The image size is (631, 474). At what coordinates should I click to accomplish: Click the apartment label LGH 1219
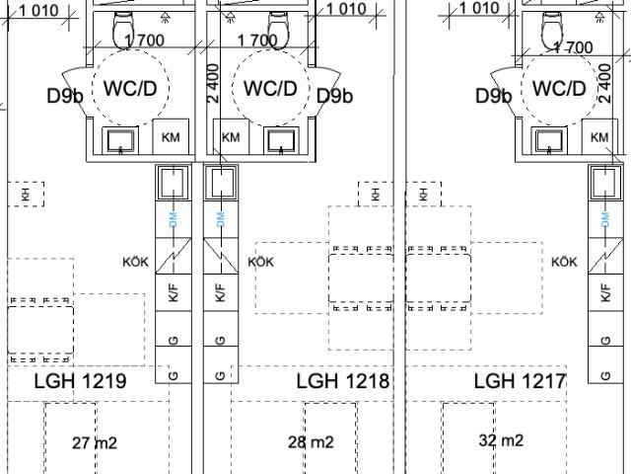pos(80,381)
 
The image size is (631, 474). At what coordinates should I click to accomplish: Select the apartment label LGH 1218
pos(343,381)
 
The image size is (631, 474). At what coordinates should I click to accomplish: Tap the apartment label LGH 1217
pos(520,381)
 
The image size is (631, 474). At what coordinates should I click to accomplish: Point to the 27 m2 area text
pos(95,443)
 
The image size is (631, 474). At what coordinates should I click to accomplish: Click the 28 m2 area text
pos(311,442)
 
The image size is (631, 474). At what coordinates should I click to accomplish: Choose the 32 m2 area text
pos(501,440)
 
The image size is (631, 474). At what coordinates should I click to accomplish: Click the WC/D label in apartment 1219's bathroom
pos(130,88)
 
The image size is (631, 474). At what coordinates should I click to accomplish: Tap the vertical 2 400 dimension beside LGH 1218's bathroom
pos(213,83)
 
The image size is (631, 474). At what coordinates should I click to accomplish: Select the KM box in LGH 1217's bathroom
pos(599,136)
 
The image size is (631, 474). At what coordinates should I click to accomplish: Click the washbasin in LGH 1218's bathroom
pos(281,141)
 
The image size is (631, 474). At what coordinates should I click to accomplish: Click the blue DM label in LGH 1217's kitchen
pos(605,220)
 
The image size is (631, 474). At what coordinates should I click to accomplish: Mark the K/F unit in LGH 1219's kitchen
pos(174,292)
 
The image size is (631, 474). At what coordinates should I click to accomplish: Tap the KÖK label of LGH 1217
pos(565,262)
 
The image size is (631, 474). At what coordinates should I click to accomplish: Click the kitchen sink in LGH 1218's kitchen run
pos(221,182)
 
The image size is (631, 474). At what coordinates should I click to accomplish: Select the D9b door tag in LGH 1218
pos(335,96)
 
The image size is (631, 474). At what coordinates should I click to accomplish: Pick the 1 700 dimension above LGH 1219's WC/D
pos(144,40)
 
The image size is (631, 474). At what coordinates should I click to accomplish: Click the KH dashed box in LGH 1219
pos(26,195)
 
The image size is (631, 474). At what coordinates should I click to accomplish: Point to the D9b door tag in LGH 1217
pos(494,96)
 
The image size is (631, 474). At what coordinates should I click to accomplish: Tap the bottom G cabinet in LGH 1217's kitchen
pos(605,364)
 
